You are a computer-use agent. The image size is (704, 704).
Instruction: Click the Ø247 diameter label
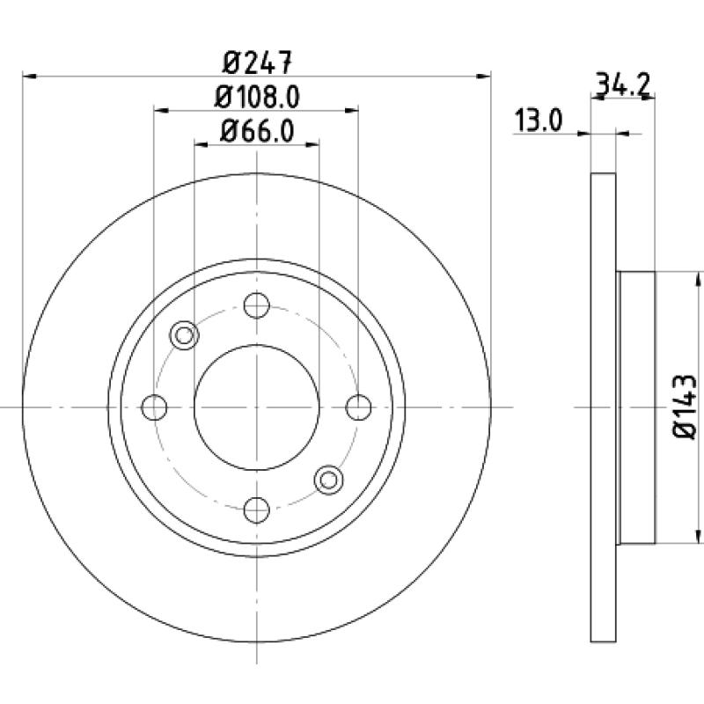coord(257,62)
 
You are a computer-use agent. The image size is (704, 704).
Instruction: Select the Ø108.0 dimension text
coord(257,97)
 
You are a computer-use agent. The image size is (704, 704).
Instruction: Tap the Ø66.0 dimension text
coord(257,131)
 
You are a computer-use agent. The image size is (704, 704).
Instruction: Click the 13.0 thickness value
coord(538,121)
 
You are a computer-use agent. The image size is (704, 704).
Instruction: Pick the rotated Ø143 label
coord(685,407)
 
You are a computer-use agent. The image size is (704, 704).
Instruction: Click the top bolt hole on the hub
coord(256,305)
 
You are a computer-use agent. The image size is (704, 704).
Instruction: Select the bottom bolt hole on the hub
coord(256,510)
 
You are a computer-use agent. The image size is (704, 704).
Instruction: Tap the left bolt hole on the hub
coord(154,407)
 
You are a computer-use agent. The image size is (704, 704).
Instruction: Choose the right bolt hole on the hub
coord(359,407)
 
